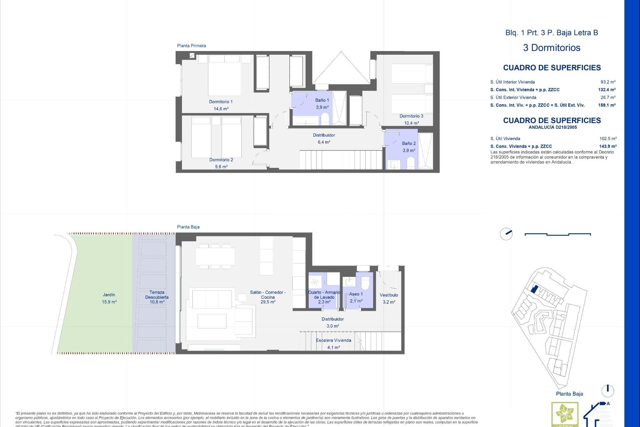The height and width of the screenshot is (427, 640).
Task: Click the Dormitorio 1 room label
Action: point(221,102)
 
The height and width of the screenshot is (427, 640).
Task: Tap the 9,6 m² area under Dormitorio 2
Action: point(221,167)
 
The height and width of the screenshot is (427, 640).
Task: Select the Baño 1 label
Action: point(322,100)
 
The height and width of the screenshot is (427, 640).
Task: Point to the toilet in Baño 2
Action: point(411,163)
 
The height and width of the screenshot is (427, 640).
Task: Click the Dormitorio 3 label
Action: point(411,116)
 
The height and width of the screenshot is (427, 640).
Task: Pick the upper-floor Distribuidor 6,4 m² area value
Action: point(324,142)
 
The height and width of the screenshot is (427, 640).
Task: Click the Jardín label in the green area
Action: point(109,295)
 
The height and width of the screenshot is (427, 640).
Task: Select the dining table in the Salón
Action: point(215,256)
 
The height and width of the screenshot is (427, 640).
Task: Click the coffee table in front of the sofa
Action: point(212,321)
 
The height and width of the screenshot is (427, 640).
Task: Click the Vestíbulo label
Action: point(389,295)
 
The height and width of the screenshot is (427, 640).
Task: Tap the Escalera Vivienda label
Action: point(333,340)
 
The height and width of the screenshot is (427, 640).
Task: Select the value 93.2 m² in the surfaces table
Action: point(608,82)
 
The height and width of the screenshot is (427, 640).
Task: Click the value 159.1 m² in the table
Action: point(607,105)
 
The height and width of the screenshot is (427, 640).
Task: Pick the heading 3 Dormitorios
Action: point(552,48)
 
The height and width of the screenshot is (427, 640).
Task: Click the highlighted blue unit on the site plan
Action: point(534,289)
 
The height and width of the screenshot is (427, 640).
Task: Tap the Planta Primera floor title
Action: point(191,46)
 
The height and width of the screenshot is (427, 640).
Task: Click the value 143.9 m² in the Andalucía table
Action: point(608,146)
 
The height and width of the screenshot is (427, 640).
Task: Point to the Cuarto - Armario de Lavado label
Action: point(324,295)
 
